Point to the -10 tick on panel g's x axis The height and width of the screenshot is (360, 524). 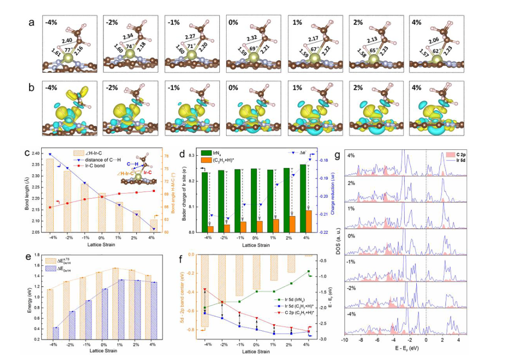344,341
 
